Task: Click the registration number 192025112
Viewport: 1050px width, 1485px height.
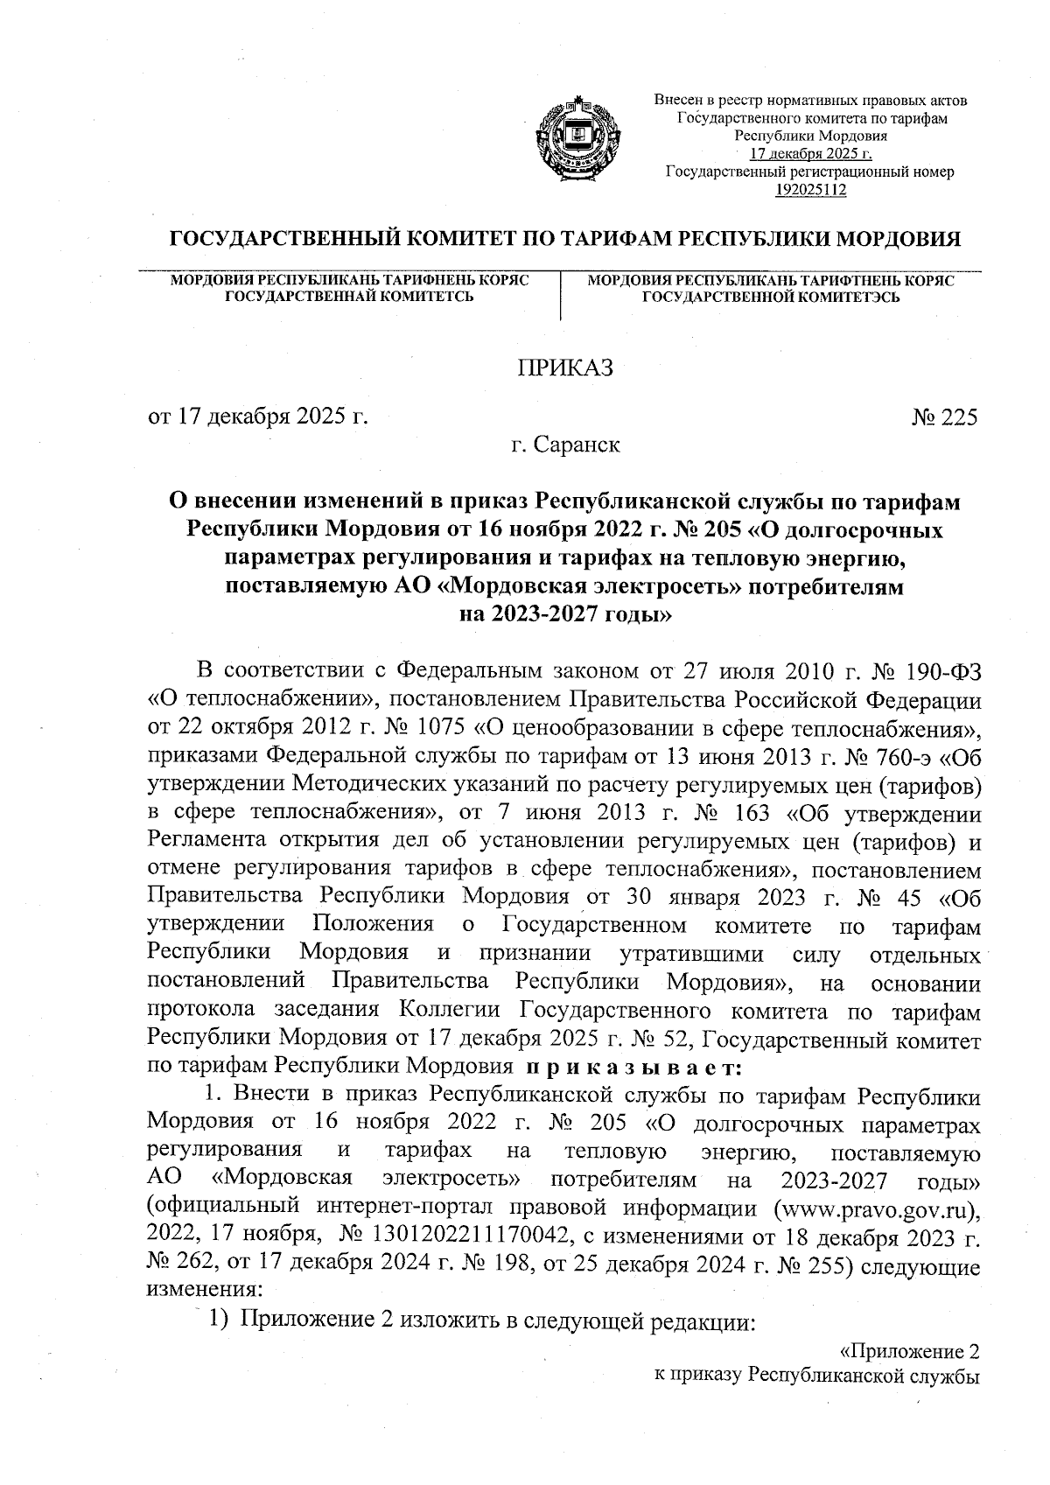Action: [x=810, y=189]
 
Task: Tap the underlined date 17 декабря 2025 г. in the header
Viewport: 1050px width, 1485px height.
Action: [x=810, y=154]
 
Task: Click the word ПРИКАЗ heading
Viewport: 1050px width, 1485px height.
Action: [x=566, y=368]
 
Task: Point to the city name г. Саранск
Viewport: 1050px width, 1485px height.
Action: [x=566, y=445]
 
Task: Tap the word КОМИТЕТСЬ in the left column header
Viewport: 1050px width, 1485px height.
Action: [x=423, y=298]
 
